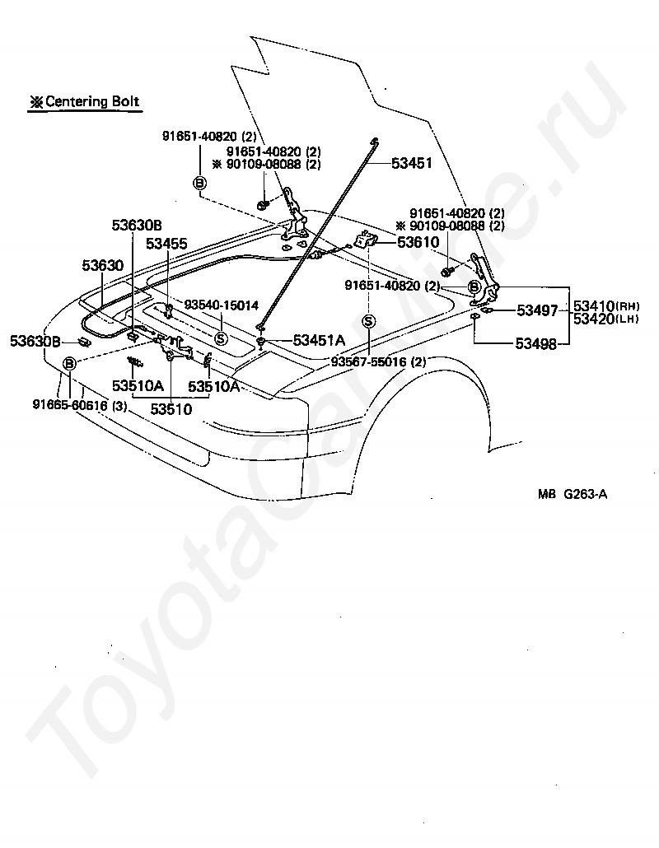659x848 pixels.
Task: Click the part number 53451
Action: [x=411, y=163]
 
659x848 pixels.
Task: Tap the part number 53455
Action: [x=166, y=244]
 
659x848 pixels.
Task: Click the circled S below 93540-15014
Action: [x=220, y=338]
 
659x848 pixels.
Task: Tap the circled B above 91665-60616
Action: [x=69, y=363]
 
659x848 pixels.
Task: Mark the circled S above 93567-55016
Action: [x=368, y=321]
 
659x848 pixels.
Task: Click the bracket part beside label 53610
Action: [x=365, y=241]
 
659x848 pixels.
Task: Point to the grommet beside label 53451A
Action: [x=260, y=340]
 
